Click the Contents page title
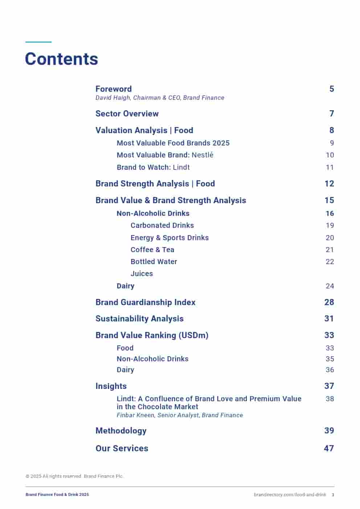click(x=61, y=59)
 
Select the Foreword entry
click(x=113, y=89)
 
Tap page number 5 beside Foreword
click(x=331, y=89)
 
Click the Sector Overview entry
click(x=127, y=114)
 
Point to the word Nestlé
click(x=202, y=155)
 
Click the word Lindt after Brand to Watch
click(x=181, y=167)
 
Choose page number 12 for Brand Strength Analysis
click(x=329, y=184)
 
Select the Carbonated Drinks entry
click(x=162, y=225)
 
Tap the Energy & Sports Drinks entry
click(x=169, y=238)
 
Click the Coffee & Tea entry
click(x=152, y=250)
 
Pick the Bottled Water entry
click(x=154, y=262)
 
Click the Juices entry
click(x=142, y=274)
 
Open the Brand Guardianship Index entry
click(x=145, y=302)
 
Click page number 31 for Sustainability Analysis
click(x=329, y=319)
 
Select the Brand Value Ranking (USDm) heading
click(x=152, y=335)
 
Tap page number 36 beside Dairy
click(x=330, y=370)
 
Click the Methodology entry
click(x=121, y=431)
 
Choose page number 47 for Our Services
click(x=329, y=448)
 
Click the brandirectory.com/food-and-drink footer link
click(x=290, y=495)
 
